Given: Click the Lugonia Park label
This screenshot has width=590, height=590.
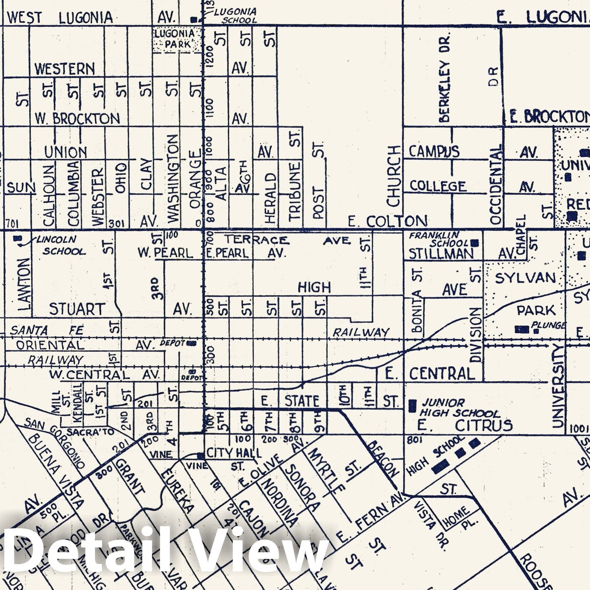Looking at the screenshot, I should click(174, 39).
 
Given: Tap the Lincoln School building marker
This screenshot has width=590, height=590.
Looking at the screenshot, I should click(16, 239).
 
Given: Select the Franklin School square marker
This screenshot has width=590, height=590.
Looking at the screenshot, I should click(475, 243).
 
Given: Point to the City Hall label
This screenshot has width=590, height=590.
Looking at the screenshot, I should click(233, 453).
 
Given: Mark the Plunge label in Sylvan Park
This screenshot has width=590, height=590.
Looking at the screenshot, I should click(548, 325).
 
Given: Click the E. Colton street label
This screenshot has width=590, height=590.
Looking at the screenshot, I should click(388, 221).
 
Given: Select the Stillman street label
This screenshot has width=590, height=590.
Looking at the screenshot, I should click(441, 254).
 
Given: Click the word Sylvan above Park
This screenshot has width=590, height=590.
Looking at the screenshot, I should click(525, 278).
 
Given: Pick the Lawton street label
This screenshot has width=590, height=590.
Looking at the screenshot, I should click(24, 282).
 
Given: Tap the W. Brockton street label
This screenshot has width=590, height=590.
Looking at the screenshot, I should click(77, 119).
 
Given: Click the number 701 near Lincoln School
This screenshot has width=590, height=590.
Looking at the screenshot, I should click(12, 224).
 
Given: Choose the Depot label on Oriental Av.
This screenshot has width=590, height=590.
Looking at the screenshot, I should click(172, 343).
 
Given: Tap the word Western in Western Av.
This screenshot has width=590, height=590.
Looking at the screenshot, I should click(65, 69).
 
